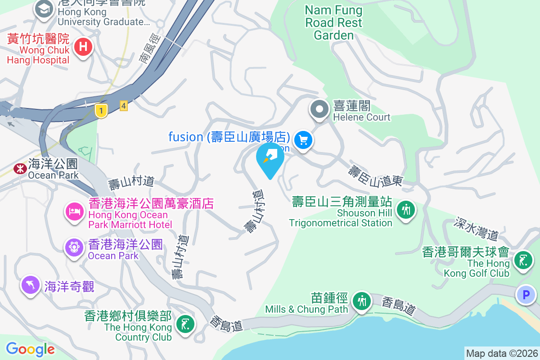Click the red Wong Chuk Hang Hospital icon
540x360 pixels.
tap(83, 47)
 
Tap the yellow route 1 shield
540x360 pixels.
tap(102, 110)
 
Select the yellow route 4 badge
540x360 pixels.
tap(124, 106)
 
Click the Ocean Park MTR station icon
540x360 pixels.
tap(19, 168)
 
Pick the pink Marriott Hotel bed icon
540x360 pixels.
tap(74, 211)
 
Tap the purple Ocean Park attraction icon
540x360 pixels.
tap(74, 247)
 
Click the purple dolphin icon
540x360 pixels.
tap(31, 284)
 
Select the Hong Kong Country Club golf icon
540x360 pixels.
tap(185, 323)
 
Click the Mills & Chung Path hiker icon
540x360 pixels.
tap(361, 300)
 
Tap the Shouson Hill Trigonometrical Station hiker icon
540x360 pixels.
tap(406, 210)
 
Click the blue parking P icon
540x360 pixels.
tap(526, 295)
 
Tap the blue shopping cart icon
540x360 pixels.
tap(303, 140)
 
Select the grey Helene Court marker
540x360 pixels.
tap(319, 109)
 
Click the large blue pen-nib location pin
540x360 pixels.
tap(270, 158)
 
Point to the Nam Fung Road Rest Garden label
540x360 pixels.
tap(333, 22)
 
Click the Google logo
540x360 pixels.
tap(30, 349)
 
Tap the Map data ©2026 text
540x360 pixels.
tap(501, 354)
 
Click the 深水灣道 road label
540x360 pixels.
tap(476, 229)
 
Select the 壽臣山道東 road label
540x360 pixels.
tap(375, 176)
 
